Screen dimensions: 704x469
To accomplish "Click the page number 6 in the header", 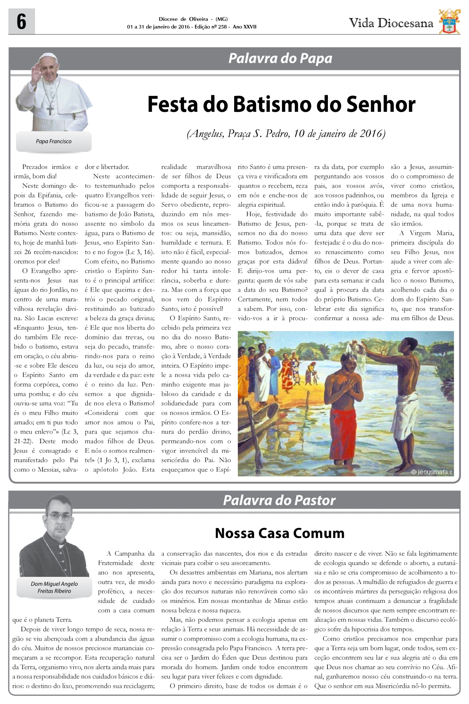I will pyautogui.click(x=21, y=22).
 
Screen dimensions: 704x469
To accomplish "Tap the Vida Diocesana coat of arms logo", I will pyautogui.click(x=449, y=21).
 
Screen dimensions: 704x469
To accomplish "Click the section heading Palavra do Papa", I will pyautogui.click(x=280, y=59).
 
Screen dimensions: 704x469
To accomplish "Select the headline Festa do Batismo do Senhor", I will pyautogui.click(x=281, y=104).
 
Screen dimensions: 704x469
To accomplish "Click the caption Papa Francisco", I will pyautogui.click(x=54, y=142).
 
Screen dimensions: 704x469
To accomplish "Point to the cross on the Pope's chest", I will pyautogui.click(x=50, y=109).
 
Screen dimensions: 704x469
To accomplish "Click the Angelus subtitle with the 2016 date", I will pyautogui.click(x=286, y=133).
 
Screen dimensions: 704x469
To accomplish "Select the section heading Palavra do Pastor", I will pyautogui.click(x=279, y=500).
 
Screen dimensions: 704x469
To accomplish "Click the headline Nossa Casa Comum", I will pyautogui.click(x=280, y=533).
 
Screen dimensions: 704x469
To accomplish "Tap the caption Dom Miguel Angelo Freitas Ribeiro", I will pyautogui.click(x=54, y=587).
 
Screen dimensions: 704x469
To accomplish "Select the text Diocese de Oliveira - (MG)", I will pyautogui.click(x=193, y=19).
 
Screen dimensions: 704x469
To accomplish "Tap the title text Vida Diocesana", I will pyautogui.click(x=391, y=23).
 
